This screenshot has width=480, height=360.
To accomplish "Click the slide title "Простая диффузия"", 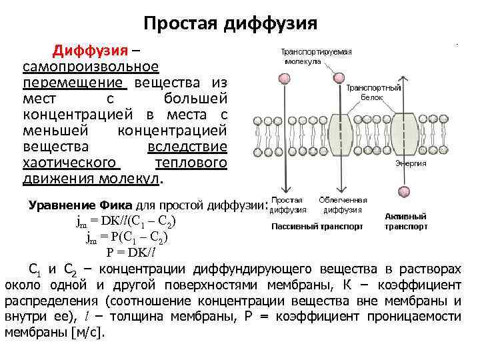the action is pos(230,25).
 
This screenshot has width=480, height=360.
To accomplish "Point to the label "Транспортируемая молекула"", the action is pos(316,56).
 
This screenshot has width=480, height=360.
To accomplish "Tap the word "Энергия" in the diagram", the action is pos(411,163).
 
